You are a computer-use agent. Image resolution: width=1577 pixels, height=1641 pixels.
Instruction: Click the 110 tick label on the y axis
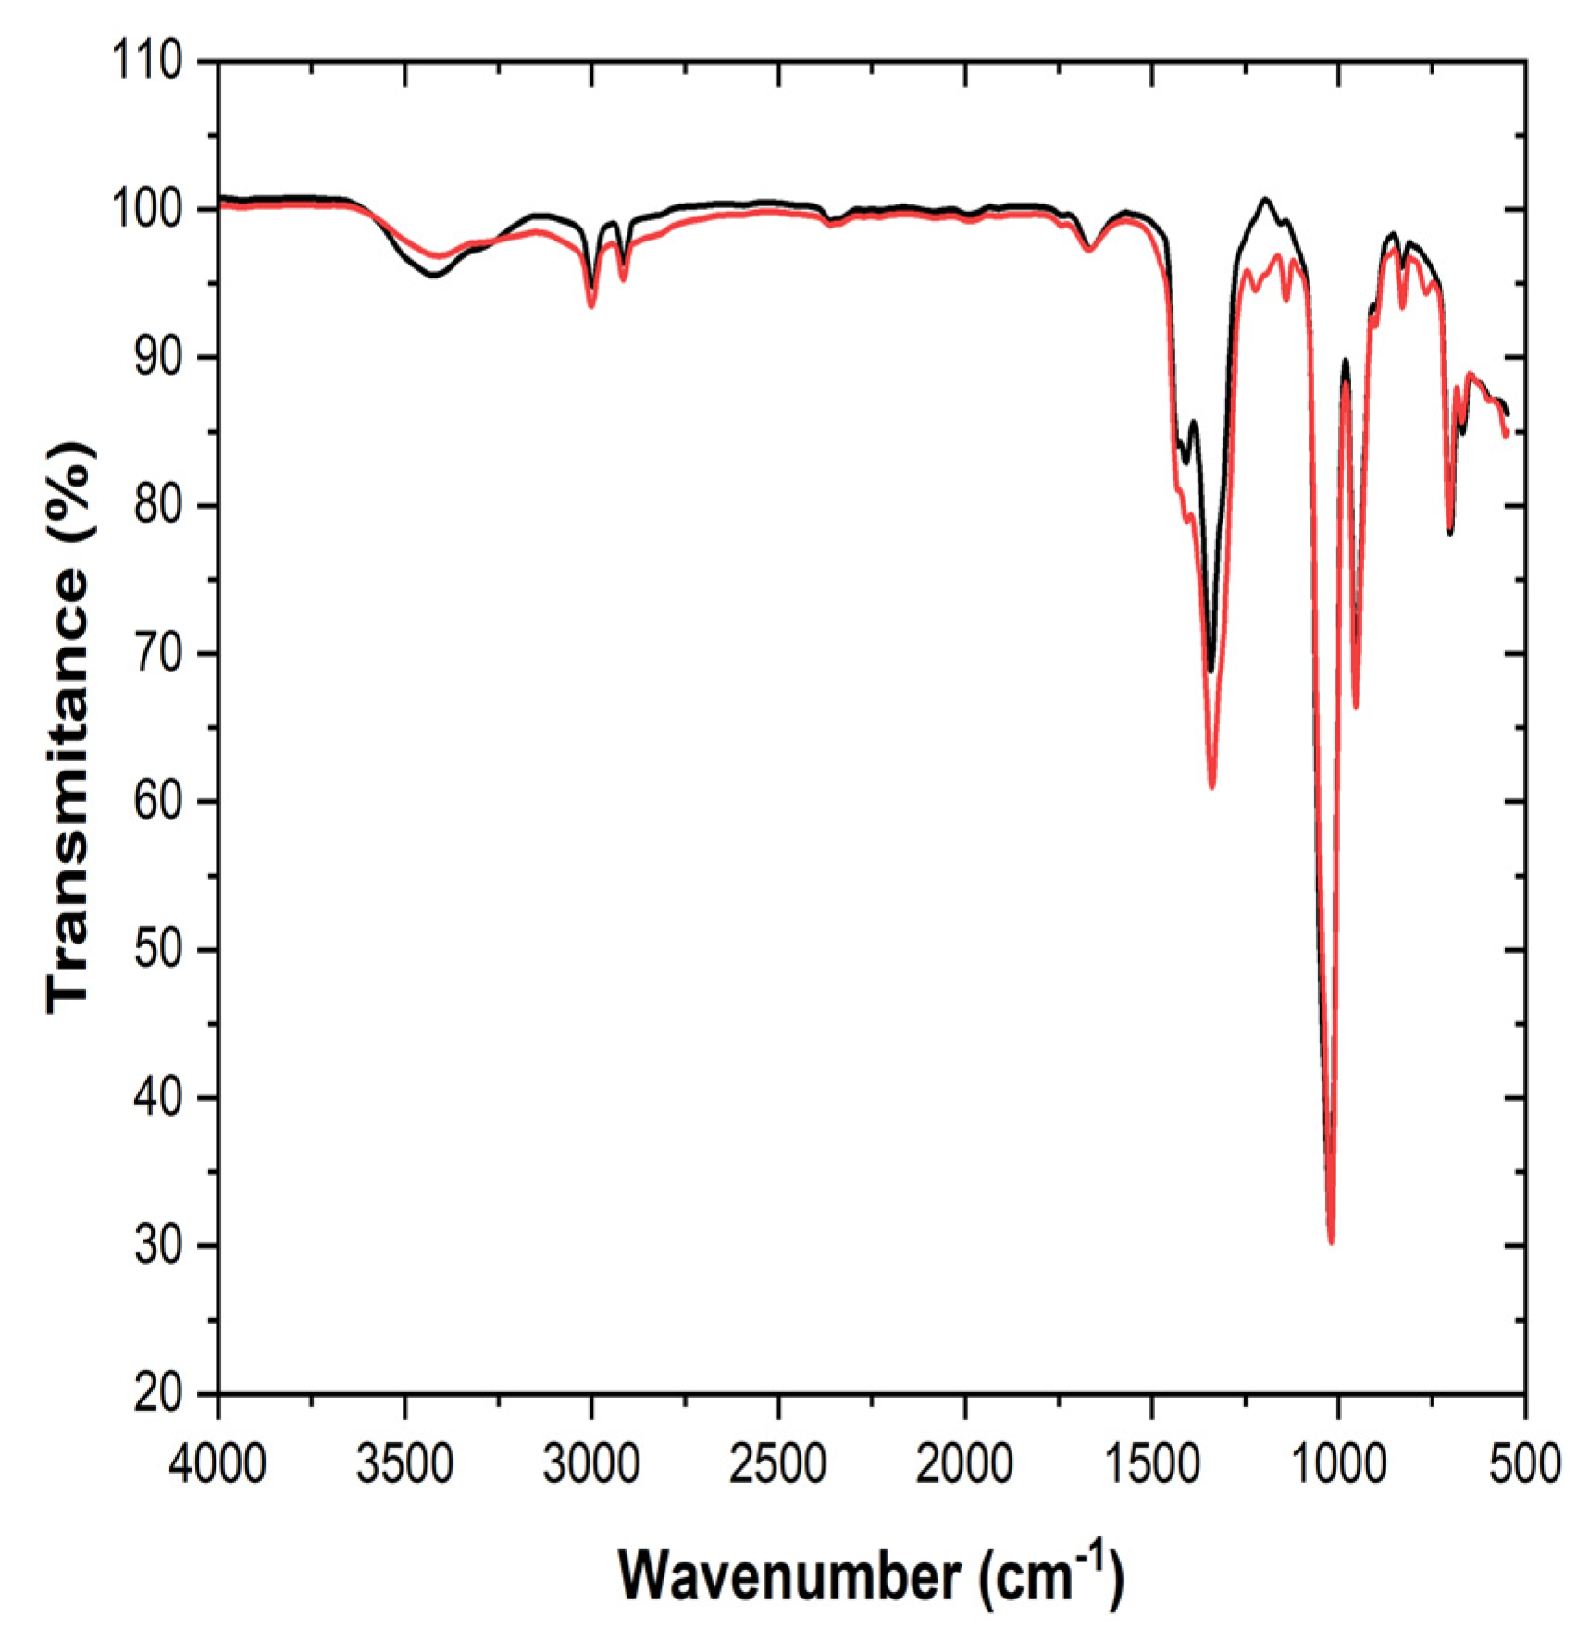[x=147, y=62]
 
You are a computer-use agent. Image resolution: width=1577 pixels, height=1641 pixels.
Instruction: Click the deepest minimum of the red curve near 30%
[x=1331, y=1242]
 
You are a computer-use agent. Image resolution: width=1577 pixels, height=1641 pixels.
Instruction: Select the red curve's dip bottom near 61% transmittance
[x=1212, y=787]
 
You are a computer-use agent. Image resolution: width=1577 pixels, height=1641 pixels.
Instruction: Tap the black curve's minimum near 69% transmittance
[x=1211, y=671]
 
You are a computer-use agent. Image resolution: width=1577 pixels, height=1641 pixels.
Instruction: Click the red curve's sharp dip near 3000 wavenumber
[x=591, y=305]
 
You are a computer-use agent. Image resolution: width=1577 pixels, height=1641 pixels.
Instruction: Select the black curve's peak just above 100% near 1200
[x=1265, y=199]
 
